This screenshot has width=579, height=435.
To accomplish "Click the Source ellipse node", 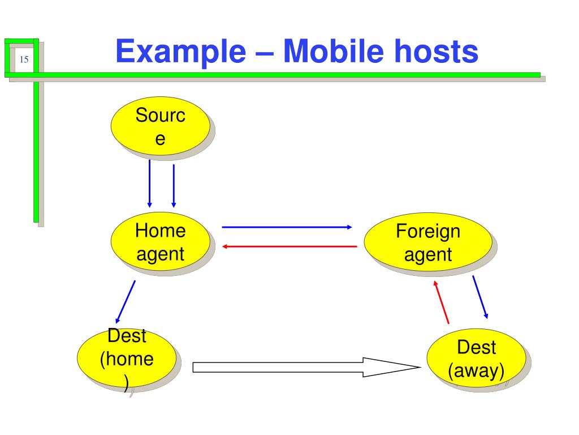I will [161, 129].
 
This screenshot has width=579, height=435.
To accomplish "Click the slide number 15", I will [23, 59].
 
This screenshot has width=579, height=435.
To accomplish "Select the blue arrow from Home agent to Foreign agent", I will [287, 227].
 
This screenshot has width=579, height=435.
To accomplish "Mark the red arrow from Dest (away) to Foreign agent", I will [442, 301].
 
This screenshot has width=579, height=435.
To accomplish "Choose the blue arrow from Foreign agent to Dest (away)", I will [480, 297].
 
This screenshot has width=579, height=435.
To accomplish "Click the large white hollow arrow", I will [305, 367].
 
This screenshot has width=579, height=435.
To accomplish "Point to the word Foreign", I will [428, 232].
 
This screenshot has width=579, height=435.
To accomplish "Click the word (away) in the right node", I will [476, 372].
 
